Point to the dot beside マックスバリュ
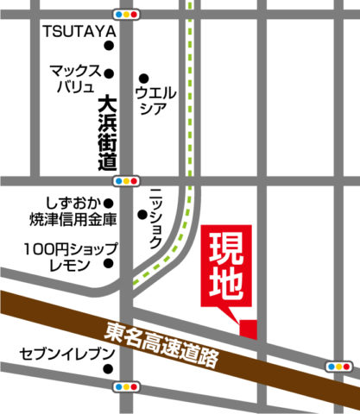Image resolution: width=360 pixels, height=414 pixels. [x=109, y=72]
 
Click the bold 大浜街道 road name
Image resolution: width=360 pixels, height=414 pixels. [x=107, y=133]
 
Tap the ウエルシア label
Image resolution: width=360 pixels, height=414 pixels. [x=156, y=99]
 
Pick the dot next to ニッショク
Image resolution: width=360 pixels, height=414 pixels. [x=142, y=215]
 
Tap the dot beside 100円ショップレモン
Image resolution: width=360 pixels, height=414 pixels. [x=109, y=266]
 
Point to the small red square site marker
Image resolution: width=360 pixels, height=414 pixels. [x=249, y=329]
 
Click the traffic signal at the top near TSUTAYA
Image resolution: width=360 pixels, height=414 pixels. [x=127, y=15]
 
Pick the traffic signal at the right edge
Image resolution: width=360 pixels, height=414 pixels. [x=338, y=367]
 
